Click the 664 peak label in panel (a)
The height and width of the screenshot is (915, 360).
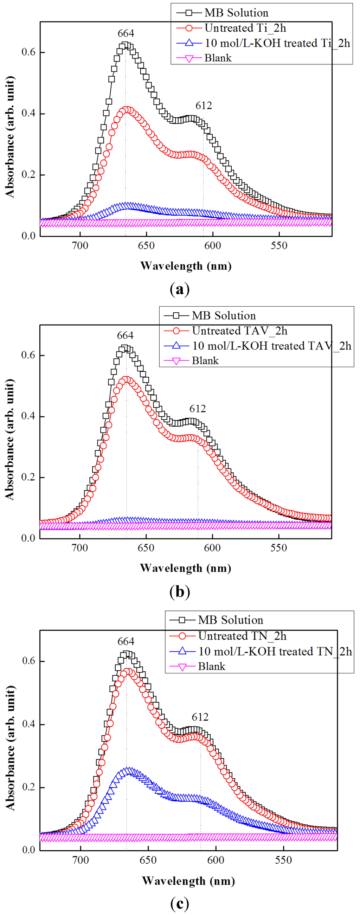point(126,33)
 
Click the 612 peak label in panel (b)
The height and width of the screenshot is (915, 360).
point(197,409)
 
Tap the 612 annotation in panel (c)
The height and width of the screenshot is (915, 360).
point(200,717)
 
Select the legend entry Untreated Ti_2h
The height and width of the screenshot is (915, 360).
point(245,28)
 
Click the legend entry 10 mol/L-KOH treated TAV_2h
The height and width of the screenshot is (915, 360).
point(272,346)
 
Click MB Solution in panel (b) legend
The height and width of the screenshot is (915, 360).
point(224,315)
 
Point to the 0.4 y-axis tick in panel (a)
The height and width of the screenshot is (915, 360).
point(28,113)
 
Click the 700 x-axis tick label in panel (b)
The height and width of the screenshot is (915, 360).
point(80,548)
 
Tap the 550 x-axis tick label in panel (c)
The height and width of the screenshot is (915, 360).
point(283,860)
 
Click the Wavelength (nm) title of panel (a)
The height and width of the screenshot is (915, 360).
point(186,266)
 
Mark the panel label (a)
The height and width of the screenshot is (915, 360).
point(180,289)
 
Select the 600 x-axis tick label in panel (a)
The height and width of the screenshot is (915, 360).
point(212,245)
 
